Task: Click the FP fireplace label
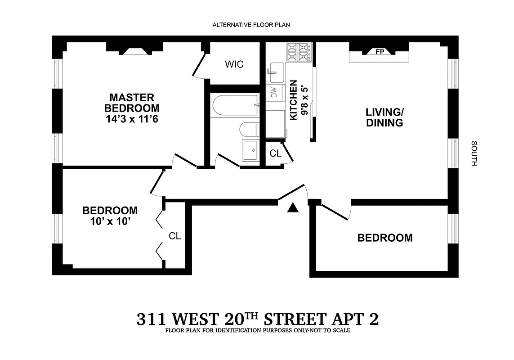click(x=379, y=52)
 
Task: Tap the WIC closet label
click(x=234, y=64)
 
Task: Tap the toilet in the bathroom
click(x=248, y=130)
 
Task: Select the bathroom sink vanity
click(x=251, y=150)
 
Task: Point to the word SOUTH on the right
click(x=474, y=153)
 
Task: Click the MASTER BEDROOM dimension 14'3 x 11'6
click(x=132, y=119)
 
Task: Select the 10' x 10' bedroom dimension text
click(x=110, y=221)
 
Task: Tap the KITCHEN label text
click(x=294, y=100)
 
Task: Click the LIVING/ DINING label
click(x=384, y=117)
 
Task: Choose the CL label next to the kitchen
click(x=275, y=153)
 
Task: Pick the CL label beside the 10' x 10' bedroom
click(x=174, y=236)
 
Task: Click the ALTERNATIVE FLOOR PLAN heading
click(x=251, y=25)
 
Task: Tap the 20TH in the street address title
click(x=235, y=319)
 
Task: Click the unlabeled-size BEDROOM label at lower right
click(x=384, y=238)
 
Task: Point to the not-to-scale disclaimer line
click(x=257, y=330)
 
